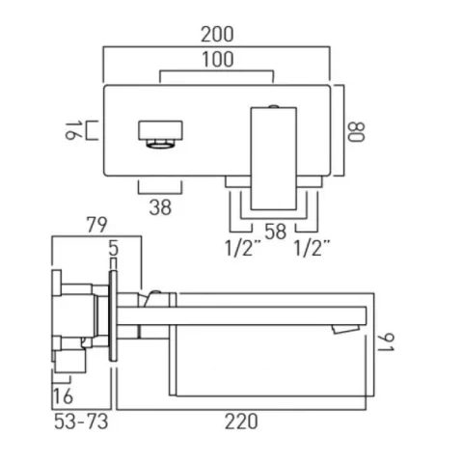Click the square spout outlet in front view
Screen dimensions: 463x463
[x=160, y=132]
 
